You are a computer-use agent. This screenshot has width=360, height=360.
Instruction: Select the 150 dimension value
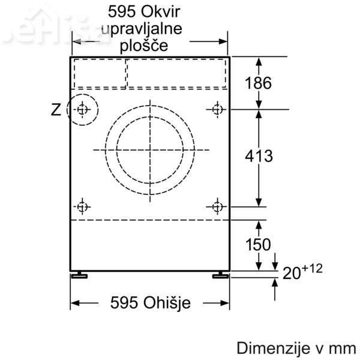coord(258,245)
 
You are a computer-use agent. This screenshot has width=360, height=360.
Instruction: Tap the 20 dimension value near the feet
coord(292,274)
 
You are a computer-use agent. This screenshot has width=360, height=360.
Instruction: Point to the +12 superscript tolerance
coord(313,268)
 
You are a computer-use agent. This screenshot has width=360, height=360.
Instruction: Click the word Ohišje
coord(167,303)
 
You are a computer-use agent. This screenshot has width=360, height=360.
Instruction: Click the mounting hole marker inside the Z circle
coord(82,109)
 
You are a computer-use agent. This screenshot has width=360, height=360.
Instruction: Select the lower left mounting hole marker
coord(82,207)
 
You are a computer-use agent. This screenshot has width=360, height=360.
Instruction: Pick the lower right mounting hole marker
coord(217,207)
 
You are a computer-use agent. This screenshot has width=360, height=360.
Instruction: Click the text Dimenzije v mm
coord(296,348)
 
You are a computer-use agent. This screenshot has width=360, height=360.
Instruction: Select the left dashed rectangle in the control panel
coord(99,73)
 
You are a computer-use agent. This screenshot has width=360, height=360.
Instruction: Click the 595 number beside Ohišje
coord(124,303)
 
